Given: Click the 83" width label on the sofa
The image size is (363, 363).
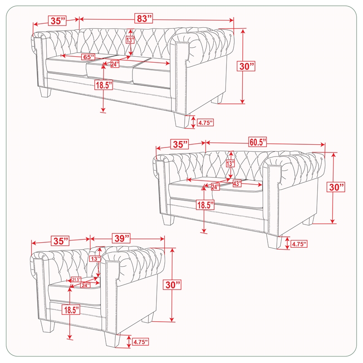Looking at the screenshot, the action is point(143,18).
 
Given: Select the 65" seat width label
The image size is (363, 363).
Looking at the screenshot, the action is point(88,57).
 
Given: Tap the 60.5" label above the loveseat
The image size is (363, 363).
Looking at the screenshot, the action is point(258,142).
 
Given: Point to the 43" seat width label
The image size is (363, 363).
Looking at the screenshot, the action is point(236,184).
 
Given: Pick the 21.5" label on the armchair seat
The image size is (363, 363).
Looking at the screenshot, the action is point(76,280).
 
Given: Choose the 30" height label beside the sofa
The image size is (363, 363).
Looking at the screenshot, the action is point(246,66).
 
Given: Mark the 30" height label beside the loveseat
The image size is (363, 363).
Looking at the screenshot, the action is point(336,187).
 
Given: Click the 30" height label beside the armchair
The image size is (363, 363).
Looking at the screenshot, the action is point(172,285).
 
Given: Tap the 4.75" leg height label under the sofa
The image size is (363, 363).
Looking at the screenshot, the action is point(206,123).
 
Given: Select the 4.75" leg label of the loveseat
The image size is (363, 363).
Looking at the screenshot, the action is point(299,244).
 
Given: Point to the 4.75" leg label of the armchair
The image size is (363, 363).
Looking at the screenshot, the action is point(140,342).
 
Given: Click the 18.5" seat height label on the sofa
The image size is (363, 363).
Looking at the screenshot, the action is point(104,85).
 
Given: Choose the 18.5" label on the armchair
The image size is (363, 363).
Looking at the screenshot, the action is point(71,310).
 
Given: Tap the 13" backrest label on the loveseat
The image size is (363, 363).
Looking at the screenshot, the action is point(231,164).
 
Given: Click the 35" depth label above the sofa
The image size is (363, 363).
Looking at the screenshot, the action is point(57,20).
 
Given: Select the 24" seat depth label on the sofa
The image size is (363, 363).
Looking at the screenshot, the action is point(115,64).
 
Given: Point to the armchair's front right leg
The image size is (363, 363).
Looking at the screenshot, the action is point(112,339).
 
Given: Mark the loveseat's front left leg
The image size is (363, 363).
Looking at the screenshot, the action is point(168,219).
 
